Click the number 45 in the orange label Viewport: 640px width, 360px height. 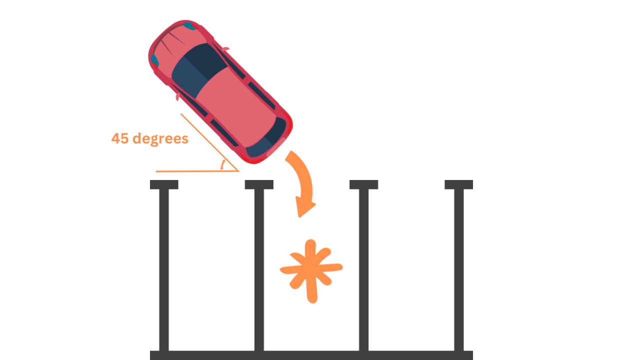click(x=120, y=138)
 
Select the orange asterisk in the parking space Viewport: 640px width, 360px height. click(x=311, y=270)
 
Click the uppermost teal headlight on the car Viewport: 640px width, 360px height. click(x=188, y=24)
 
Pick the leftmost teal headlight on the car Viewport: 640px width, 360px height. click(x=154, y=61)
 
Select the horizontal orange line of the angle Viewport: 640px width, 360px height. click(x=195, y=171)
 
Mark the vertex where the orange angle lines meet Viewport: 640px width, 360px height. click(x=238, y=171)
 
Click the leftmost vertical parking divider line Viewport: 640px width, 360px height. click(x=164, y=270)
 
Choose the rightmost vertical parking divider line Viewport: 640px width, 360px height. click(x=459, y=270)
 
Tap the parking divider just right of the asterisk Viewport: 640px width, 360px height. click(x=364, y=270)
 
